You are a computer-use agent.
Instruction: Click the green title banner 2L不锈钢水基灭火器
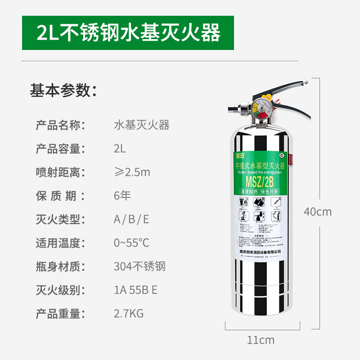pyautogui.click(x=128, y=33)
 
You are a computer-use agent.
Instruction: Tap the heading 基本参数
pyautogui.click(x=63, y=90)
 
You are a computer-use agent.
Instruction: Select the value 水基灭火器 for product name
pyautogui.click(x=142, y=125)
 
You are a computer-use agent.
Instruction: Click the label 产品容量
pyautogui.click(x=60, y=148)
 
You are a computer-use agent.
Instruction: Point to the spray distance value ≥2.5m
pyautogui.click(x=132, y=172)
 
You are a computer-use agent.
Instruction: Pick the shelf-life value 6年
pyautogui.click(x=122, y=196)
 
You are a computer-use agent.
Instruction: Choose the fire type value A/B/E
pyautogui.click(x=131, y=220)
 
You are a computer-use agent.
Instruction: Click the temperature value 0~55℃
pyautogui.click(x=131, y=243)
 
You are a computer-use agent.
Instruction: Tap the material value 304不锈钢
pyautogui.click(x=139, y=266)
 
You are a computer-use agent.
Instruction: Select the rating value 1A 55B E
pyautogui.click(x=135, y=290)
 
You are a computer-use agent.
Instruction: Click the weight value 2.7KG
pyautogui.click(x=129, y=314)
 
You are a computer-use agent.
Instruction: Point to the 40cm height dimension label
pyautogui.click(x=318, y=211)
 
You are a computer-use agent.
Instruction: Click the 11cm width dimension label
pyautogui.click(x=261, y=340)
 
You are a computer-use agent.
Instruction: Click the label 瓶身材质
pyautogui.click(x=60, y=266)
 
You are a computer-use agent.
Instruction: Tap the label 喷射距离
pyautogui.click(x=60, y=172)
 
